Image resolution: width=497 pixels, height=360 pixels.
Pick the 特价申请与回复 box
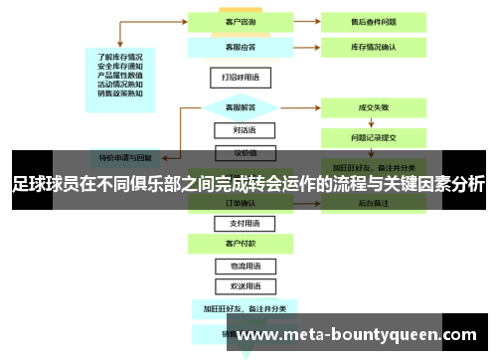(x=125, y=157)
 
